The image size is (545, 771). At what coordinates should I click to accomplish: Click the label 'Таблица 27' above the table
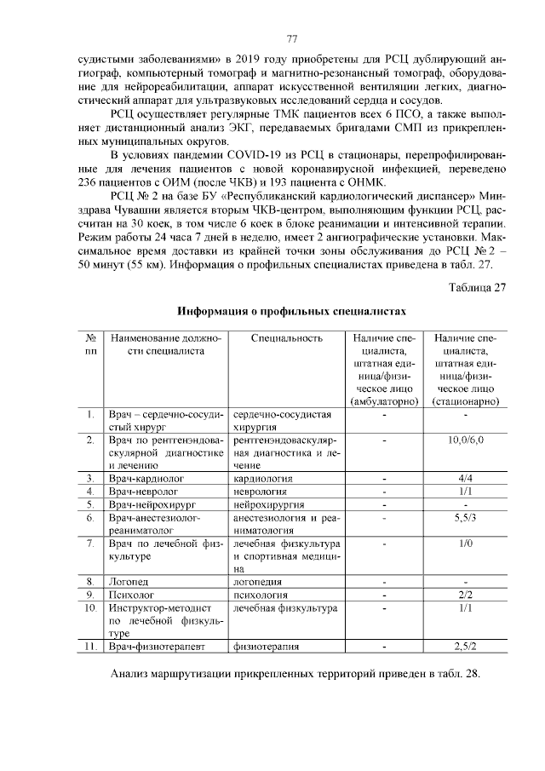(477, 286)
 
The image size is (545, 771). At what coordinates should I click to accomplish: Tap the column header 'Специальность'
(287, 338)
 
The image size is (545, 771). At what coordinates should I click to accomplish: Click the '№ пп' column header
(90, 344)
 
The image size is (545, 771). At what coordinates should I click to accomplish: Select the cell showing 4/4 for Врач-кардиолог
(465, 479)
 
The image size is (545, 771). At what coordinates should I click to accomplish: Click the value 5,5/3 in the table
(465, 517)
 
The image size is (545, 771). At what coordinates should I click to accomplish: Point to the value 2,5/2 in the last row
(465, 647)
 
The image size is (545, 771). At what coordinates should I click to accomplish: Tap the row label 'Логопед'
(124, 582)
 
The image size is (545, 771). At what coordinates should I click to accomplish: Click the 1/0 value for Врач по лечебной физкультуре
(465, 543)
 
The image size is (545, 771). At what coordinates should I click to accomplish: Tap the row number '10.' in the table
(90, 608)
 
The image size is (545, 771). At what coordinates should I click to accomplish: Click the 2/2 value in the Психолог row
(465, 595)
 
